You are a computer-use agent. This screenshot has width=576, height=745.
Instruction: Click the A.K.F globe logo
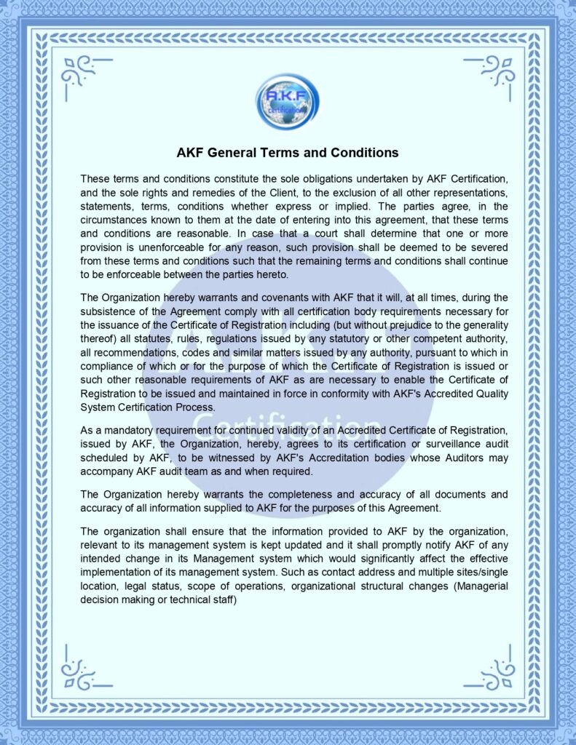point(287,103)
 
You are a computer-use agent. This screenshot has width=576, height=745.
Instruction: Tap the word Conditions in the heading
point(361,153)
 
